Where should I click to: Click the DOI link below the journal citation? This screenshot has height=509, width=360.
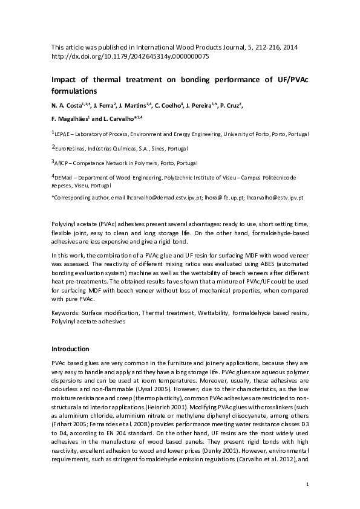click(130, 56)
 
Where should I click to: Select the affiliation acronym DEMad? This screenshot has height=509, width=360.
click(65, 178)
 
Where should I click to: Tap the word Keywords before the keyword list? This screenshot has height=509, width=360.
click(67, 314)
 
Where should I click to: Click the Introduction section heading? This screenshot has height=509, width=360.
click(70, 349)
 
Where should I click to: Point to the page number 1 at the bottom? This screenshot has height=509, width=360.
click(307, 485)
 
